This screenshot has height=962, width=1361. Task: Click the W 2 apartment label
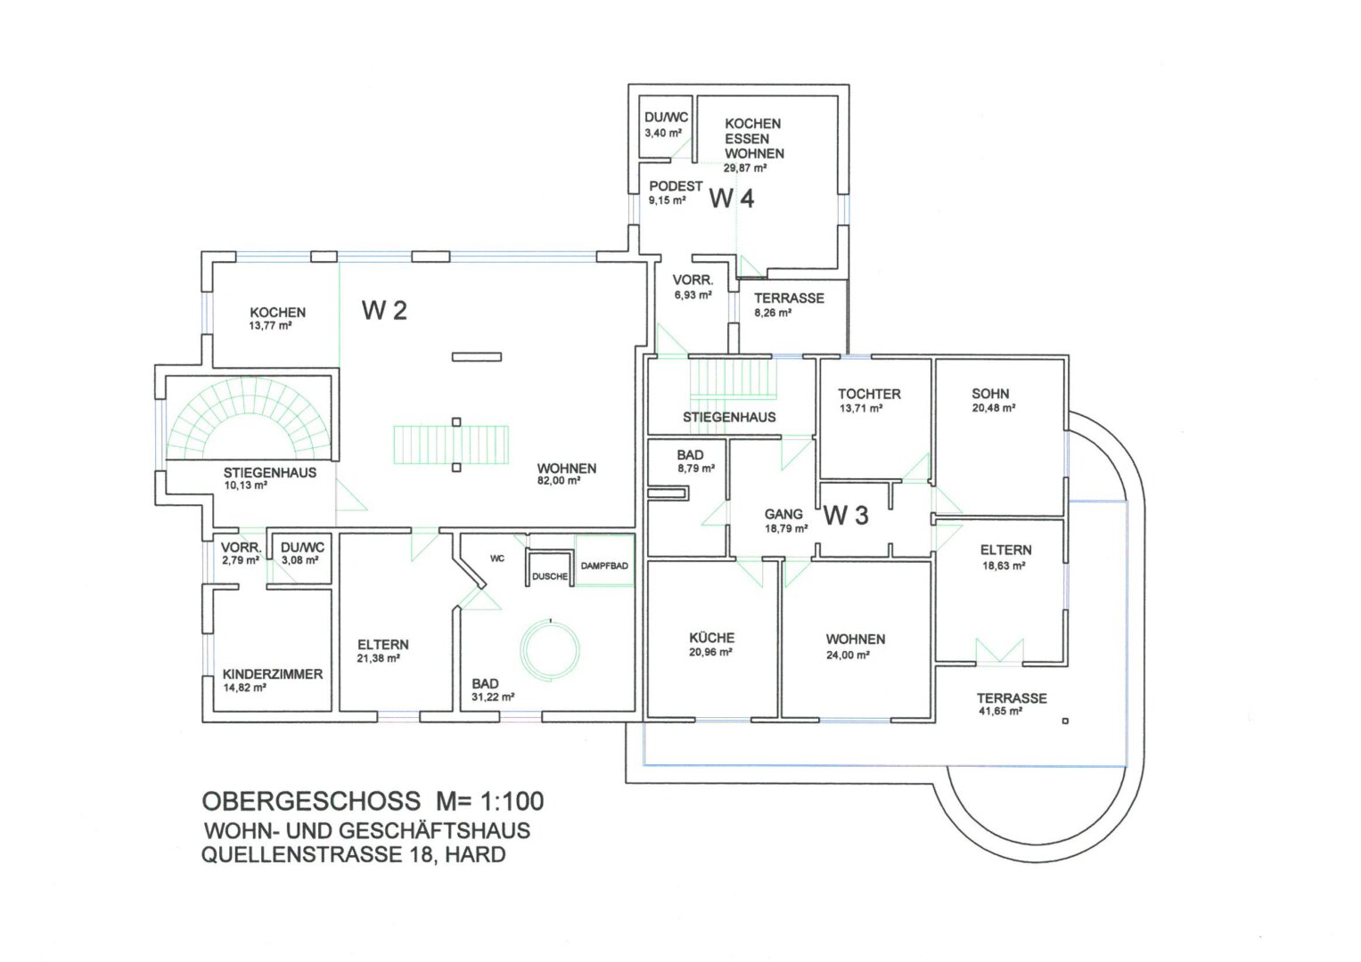coord(384,310)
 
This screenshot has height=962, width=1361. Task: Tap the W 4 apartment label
coord(732,199)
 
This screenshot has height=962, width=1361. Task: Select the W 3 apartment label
coord(846,516)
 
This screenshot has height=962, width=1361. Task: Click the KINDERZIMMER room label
coord(272,674)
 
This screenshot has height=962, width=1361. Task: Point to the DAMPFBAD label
coord(604,566)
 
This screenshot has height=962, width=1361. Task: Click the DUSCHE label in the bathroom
coord(550,576)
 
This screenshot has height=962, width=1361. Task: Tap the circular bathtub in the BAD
coord(550,651)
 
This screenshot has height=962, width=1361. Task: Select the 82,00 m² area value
coord(558,480)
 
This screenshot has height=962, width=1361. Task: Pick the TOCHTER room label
coord(869,394)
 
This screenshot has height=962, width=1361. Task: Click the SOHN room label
coord(989,394)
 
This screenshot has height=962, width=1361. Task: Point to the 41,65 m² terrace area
coord(1000,712)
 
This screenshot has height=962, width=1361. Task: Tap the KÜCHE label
coord(711,638)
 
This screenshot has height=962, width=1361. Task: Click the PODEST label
coord(676,186)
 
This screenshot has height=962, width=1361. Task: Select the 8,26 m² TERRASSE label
coord(773,314)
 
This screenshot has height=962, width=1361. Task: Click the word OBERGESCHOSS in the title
coord(310,802)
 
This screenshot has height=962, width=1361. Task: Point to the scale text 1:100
coord(512,802)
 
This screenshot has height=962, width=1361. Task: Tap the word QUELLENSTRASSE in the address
coord(301,855)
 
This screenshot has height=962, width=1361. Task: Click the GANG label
coord(783,515)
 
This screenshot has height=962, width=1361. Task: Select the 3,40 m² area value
coord(663,133)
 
